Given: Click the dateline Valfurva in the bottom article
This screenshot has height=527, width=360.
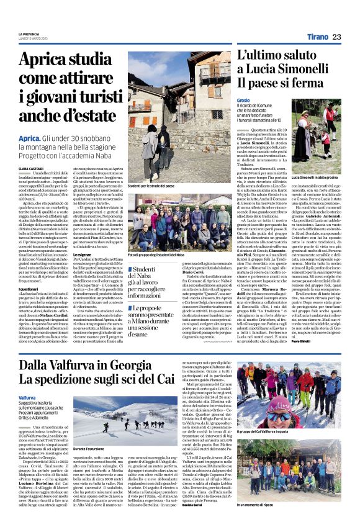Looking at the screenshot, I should tap(27, 397).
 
